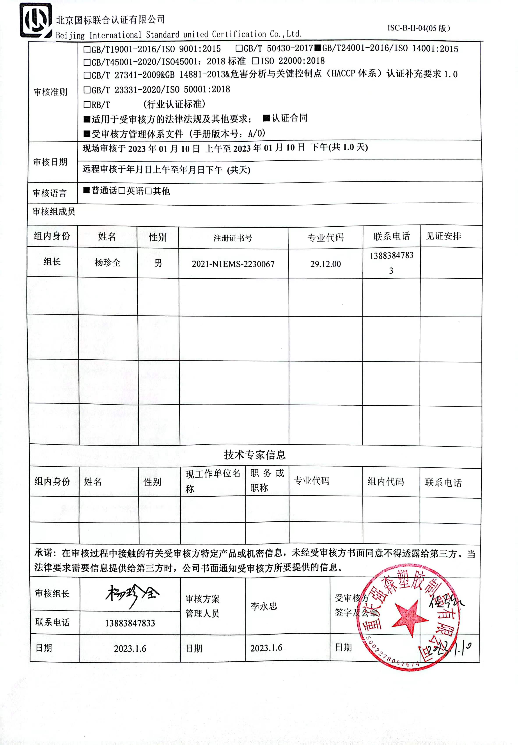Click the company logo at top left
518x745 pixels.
click(x=36, y=20)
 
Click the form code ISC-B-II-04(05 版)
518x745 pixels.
click(x=419, y=28)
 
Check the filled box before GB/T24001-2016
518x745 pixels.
click(x=318, y=48)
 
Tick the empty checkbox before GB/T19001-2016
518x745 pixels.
click(x=87, y=50)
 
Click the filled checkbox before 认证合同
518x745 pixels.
click(x=266, y=118)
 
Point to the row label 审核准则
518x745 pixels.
click(x=50, y=92)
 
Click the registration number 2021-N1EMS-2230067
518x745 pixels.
click(x=233, y=264)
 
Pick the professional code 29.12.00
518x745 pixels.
click(x=325, y=264)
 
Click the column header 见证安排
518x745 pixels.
click(x=443, y=236)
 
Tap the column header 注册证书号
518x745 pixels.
click(x=233, y=238)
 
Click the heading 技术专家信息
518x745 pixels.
click(x=255, y=455)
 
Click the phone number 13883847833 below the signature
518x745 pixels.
click(x=130, y=623)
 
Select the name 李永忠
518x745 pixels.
click(x=264, y=606)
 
